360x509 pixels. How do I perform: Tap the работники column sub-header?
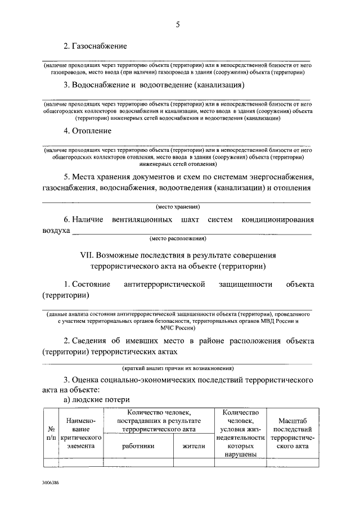138,446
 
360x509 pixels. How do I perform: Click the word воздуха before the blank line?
56,230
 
